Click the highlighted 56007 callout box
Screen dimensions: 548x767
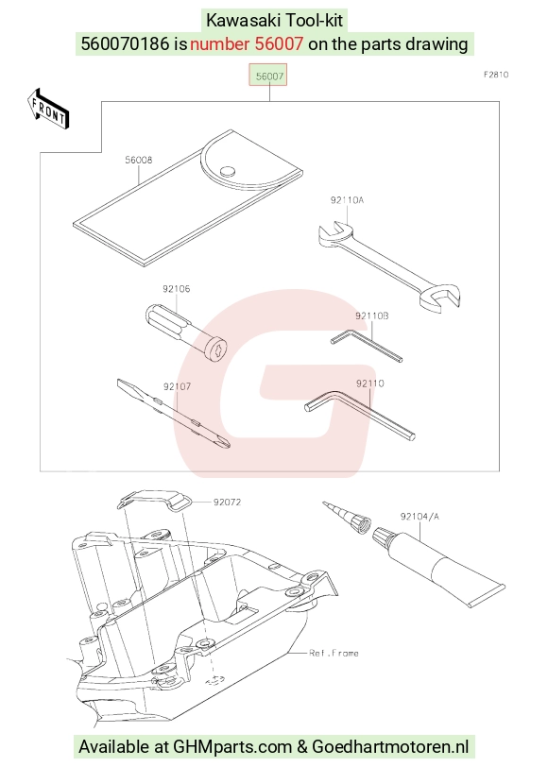(268, 75)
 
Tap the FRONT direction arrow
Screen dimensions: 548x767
(48, 110)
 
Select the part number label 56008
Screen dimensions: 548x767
(139, 160)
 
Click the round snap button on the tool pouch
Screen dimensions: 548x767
(227, 171)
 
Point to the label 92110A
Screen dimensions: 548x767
(347, 200)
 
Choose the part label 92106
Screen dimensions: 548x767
(176, 289)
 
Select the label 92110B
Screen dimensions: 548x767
(372, 316)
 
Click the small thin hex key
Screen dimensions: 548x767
(368, 346)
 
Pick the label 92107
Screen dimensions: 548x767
(177, 386)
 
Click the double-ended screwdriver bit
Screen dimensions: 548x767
(174, 414)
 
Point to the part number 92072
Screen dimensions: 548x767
(227, 502)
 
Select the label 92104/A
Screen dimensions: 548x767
(420, 517)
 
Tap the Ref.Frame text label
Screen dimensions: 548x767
(334, 653)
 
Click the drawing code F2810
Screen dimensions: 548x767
(496, 75)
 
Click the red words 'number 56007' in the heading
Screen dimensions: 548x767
(247, 44)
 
